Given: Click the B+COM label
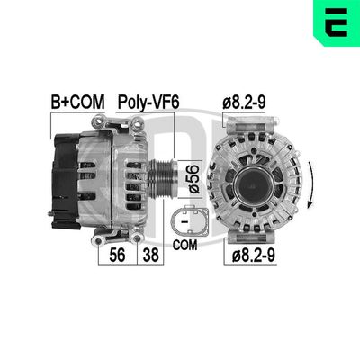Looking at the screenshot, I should click(x=77, y=103).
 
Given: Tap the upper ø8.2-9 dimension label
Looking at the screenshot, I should click(x=243, y=103).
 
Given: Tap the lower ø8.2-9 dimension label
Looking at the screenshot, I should click(x=253, y=255).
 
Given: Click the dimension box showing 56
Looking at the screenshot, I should click(x=116, y=255).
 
